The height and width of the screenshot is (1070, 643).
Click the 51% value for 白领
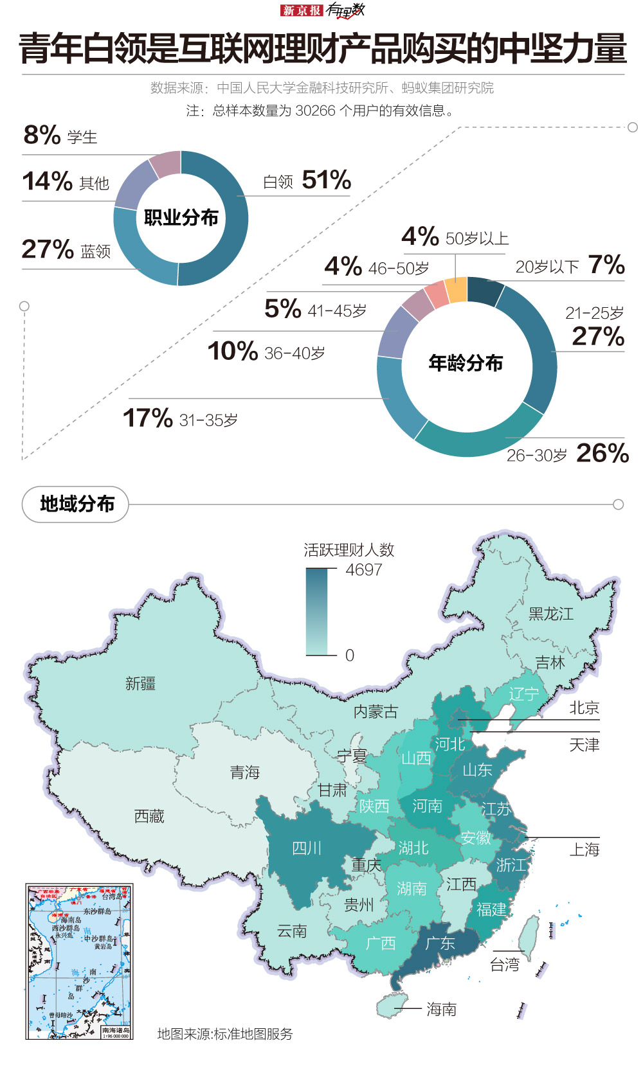[x=326, y=180]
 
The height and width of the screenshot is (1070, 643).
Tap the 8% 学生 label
[x=60, y=136]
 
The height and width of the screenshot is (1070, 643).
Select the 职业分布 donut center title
[x=181, y=218]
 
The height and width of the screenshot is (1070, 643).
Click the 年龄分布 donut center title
[x=466, y=363]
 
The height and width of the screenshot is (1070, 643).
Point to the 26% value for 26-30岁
[x=602, y=453]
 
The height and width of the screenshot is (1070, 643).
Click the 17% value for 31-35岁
[x=147, y=418]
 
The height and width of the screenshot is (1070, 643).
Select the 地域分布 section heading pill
[x=76, y=504]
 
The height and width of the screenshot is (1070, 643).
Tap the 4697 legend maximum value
[x=364, y=570]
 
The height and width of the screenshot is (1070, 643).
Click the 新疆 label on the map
[x=140, y=683]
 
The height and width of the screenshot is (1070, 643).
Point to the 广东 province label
[x=440, y=943]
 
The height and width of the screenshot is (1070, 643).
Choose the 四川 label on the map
[x=307, y=848]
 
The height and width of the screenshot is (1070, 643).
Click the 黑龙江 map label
[x=551, y=614]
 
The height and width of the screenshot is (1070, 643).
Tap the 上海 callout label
[x=584, y=850]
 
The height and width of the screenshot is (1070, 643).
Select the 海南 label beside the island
[x=441, y=1010]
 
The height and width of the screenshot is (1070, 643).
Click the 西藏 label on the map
[x=149, y=816]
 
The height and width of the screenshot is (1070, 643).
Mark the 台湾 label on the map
[x=505, y=965]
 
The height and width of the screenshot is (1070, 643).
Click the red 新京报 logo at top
[x=302, y=10]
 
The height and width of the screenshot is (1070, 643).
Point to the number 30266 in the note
[x=315, y=111]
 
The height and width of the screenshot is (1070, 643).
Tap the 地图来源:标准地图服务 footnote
[x=225, y=1034]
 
